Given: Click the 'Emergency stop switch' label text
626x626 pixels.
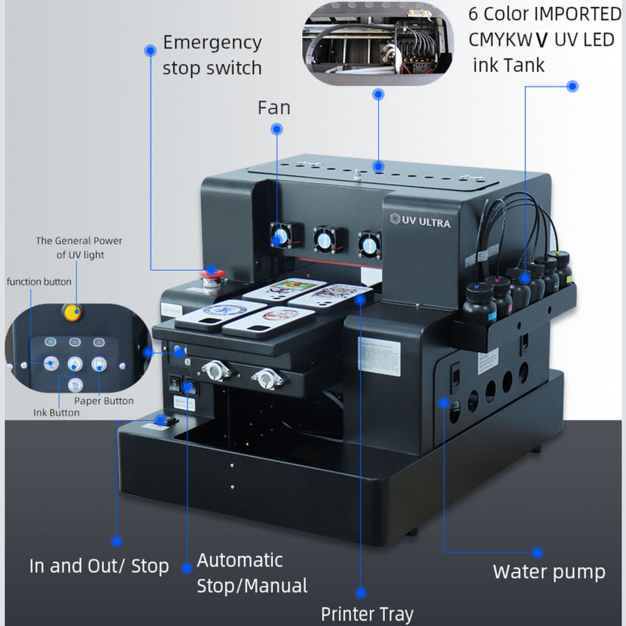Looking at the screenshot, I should coord(211,54).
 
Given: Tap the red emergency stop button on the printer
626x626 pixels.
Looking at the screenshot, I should coord(211,274).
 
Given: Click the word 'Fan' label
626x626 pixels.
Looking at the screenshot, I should coord(274,106).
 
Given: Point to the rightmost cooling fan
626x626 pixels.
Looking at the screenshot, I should coord(368,241).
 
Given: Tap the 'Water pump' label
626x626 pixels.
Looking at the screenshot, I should coord(549,572).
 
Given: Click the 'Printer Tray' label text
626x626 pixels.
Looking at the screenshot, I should coord(367,613).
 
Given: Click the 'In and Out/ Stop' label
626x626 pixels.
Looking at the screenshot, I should coord(99,566).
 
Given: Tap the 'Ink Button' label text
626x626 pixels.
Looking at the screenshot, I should coord(56,412).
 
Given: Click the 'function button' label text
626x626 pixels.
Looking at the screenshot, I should coord(40,281).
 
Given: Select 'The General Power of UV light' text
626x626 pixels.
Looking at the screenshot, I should coord(78,247).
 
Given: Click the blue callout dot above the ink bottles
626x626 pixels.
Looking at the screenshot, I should coord(572,85).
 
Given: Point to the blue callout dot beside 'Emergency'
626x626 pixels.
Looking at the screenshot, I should coord(149,50).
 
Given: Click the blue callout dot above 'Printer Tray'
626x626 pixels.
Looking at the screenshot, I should coord(361,592).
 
